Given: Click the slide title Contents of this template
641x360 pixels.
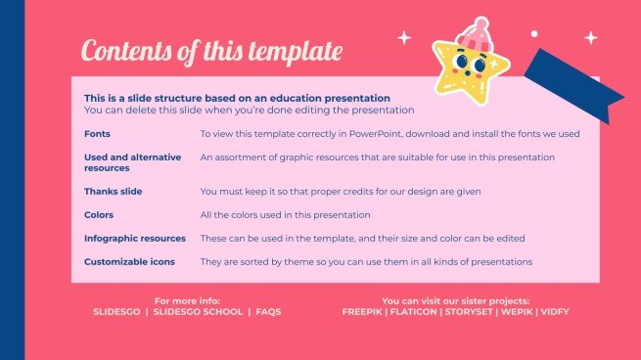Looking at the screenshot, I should coord(211,50).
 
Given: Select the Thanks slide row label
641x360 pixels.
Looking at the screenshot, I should coord(114,191).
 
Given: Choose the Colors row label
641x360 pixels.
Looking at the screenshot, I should coord(99,214).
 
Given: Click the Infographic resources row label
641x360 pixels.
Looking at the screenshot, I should coord(135,238).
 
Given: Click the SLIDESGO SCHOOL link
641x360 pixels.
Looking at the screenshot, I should coord(200,311).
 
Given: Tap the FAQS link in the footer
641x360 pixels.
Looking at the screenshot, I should coord(267,311).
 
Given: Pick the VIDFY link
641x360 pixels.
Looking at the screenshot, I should coord(555,311).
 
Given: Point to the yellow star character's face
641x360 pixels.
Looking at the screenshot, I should coord(470,68).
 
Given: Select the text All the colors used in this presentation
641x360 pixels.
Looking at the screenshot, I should coord(285,214).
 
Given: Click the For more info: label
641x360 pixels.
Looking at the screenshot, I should coord(187,300).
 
